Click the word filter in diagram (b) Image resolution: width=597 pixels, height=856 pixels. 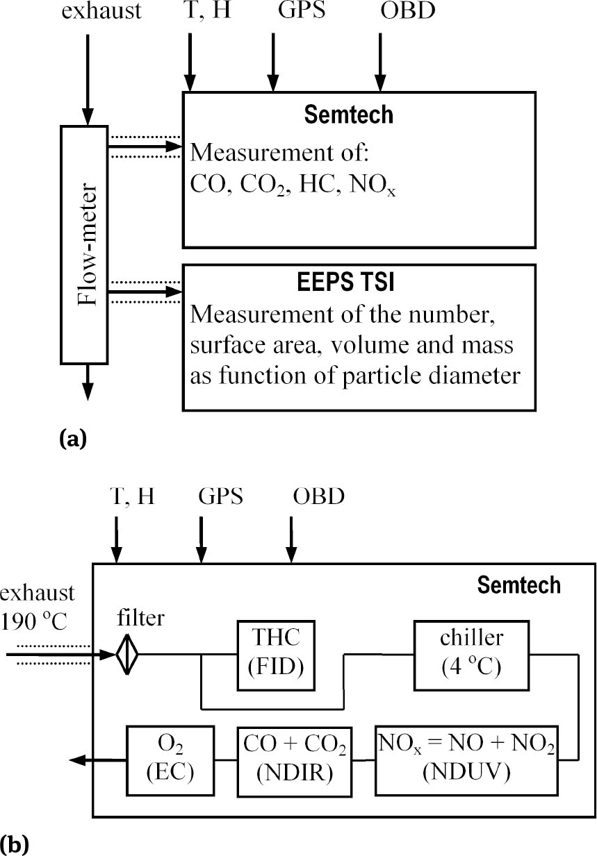140,617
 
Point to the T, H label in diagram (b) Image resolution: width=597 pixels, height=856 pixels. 132,497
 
